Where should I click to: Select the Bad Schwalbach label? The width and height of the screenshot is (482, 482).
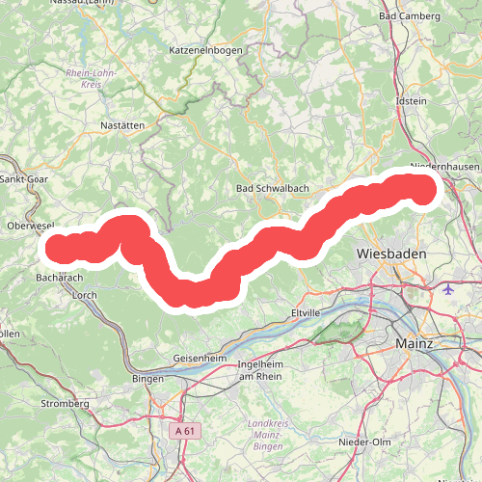[x=270, y=188]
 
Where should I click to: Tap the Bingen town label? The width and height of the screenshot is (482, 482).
[x=148, y=379]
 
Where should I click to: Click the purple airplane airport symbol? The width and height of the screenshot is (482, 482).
[x=450, y=288]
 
